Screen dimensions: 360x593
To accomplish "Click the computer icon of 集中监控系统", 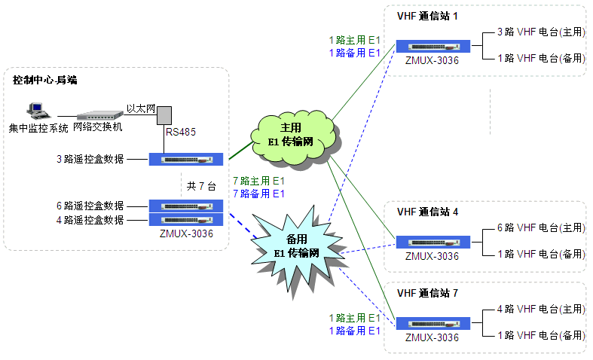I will (35, 111).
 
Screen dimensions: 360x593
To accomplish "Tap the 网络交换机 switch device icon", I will (99, 116).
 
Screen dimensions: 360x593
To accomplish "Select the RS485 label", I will (181, 133).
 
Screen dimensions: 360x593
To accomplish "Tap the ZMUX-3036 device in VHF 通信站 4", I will (433, 242).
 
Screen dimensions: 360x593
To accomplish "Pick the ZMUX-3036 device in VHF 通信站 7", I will (433, 323).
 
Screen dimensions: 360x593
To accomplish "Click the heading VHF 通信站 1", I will (427, 17).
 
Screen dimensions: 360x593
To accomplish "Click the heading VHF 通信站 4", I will (427, 212).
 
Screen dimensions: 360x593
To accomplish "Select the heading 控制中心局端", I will (45, 80).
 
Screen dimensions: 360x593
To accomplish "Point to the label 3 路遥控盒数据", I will (90, 159).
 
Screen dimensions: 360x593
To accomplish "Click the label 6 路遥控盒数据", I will (90, 206).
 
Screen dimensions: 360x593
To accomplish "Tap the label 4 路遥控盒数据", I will (90, 220).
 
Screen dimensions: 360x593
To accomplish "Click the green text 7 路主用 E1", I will (258, 181).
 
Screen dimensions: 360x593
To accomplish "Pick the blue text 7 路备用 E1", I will (258, 194).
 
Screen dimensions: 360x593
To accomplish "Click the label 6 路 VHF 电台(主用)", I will (540, 227).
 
